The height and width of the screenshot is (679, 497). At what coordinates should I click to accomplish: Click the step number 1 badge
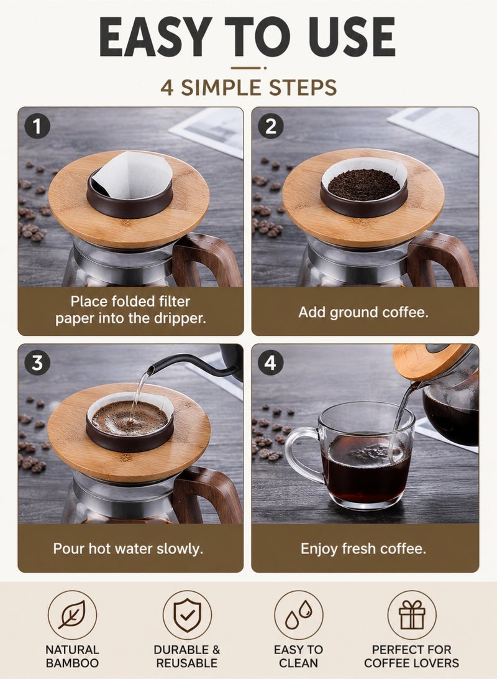[37, 126]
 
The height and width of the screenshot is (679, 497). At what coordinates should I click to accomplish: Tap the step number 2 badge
[271, 126]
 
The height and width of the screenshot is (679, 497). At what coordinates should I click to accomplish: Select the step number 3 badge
[37, 363]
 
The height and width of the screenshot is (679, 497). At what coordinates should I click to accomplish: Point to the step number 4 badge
[271, 363]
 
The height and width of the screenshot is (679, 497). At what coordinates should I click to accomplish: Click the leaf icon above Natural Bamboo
[72, 615]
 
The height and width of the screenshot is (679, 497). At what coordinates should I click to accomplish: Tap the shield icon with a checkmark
[187, 615]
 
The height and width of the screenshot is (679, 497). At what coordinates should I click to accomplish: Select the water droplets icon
[298, 615]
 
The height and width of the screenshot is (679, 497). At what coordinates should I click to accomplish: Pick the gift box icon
[412, 615]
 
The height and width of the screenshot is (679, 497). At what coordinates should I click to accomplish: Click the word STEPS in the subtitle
[303, 88]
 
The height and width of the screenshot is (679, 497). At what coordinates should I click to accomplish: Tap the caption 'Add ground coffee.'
[363, 312]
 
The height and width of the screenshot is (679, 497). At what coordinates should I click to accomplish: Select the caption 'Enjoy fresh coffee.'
[363, 548]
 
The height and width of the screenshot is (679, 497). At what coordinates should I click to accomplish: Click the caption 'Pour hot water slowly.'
[128, 548]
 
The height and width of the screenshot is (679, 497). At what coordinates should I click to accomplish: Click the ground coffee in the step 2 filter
[363, 185]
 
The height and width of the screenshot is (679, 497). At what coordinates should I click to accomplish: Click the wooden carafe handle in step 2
[441, 257]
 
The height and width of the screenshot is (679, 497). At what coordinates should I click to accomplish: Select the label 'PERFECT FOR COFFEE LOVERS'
[412, 656]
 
